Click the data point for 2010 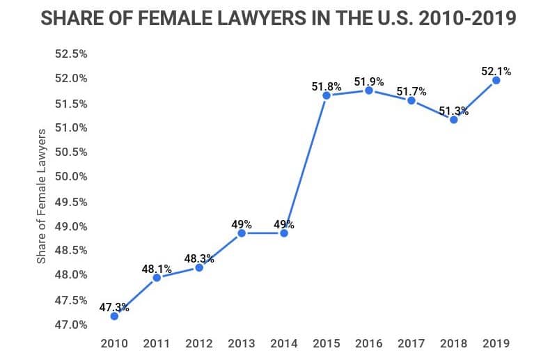pos(114,315)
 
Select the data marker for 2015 pos(327,95)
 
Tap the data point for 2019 pos(496,80)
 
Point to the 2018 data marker pos(454,119)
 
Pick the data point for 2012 pos(199,267)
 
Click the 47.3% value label pos(114,306)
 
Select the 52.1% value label pos(496,70)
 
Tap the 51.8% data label pos(327,86)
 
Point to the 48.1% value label pos(157,268)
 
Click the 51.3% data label pos(454,110)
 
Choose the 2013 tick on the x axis pos(242,343)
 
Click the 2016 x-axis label pos(369,343)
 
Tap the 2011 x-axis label pos(157,343)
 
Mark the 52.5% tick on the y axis pos(72,54)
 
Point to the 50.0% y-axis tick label pos(72,177)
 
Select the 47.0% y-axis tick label pos(72,325)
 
